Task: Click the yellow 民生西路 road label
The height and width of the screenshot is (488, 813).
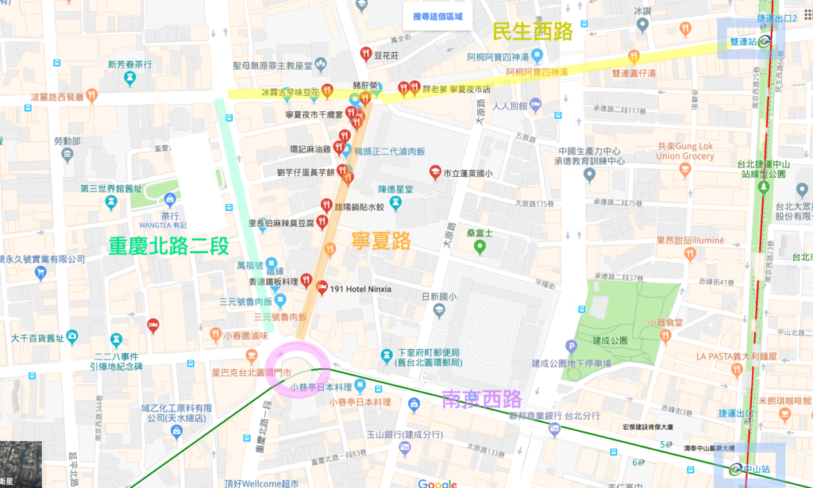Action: pos(532,32)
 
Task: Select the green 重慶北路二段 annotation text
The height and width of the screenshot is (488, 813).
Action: pos(169,245)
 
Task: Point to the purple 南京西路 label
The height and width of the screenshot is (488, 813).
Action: pos(482,398)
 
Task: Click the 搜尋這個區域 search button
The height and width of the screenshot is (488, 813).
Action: pos(437,17)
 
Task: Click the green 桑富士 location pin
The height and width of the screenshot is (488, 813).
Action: pos(480,248)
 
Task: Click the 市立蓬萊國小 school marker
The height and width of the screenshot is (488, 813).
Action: pos(435,172)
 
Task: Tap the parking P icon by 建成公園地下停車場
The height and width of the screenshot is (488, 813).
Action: pos(571,347)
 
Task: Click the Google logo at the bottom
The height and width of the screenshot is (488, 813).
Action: pos(437,483)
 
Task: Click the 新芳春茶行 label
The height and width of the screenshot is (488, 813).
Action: pos(130,64)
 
